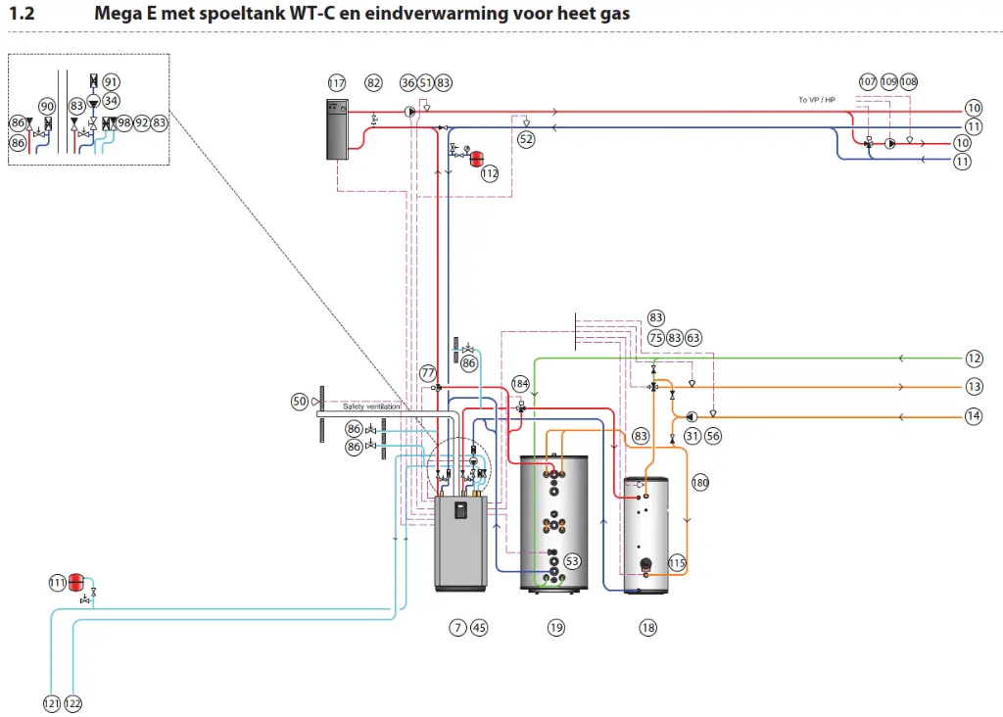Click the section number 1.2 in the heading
[21, 14]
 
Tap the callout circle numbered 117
[337, 83]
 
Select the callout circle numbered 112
[490, 173]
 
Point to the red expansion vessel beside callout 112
[477, 155]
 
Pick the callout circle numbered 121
[51, 703]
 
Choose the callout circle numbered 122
[73, 703]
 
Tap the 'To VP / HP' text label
[816, 100]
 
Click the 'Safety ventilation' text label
[371, 406]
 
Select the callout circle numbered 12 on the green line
[973, 358]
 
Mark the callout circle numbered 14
[973, 416]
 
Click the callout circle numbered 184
[519, 383]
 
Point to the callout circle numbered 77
[427, 372]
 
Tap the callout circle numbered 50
[300, 402]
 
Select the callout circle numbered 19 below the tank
[556, 628]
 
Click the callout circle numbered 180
[699, 482]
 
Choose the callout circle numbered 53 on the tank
[572, 561]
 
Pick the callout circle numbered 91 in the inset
[111, 82]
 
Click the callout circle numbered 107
[868, 83]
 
